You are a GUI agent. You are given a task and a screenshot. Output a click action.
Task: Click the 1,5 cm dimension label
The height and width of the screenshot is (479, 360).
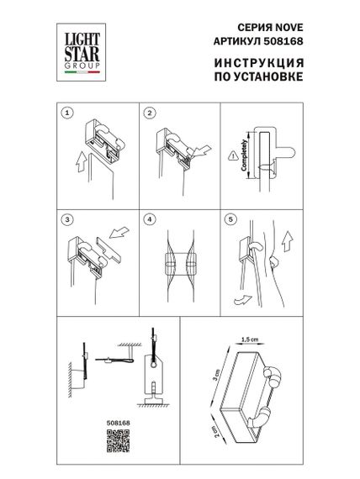click(246, 340)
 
